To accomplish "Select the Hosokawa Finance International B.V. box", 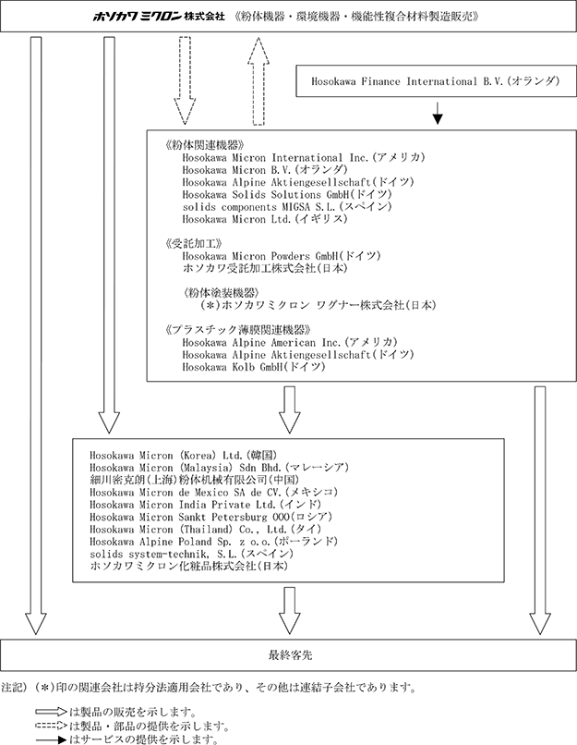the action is (436, 80).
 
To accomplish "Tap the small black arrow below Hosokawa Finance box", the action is (438, 113).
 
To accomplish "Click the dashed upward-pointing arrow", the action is (258, 81).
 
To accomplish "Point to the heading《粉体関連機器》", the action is (204, 145).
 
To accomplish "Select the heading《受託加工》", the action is (193, 244).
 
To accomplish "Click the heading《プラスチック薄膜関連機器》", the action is (238, 330).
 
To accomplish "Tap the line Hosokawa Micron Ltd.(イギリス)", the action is (265, 219).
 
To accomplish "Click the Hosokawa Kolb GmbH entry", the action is (254, 367).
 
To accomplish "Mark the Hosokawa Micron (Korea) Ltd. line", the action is (183, 455).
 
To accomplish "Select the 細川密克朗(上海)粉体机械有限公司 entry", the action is (195, 480).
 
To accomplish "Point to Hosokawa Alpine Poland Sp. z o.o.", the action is (213, 542).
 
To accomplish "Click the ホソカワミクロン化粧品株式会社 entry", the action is (189, 566).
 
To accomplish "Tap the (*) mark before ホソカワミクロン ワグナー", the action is (210, 305).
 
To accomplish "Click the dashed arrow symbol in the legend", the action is (51, 726).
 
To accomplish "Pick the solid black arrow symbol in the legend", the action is (51, 739).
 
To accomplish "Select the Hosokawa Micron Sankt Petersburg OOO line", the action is (211, 517).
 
